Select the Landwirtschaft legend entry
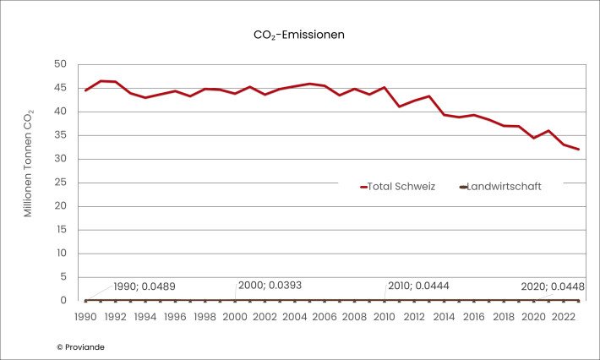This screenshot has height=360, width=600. (x=502, y=187)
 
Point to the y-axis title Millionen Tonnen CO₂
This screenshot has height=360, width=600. (x=28, y=163)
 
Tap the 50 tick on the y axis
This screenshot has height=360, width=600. (x=61, y=64)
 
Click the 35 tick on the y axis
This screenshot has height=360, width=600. (x=61, y=135)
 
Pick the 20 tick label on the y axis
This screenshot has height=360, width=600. (x=61, y=206)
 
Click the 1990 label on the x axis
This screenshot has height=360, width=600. (x=85, y=316)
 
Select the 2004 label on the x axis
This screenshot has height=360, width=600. (x=294, y=316)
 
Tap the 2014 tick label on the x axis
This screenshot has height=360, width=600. (x=444, y=316)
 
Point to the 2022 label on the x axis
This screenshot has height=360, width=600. (x=563, y=316)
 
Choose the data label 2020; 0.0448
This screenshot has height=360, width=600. (x=553, y=286)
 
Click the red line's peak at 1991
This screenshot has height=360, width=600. (x=101, y=81)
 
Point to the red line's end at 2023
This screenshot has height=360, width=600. (x=578, y=150)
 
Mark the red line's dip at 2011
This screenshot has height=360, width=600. (x=399, y=106)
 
